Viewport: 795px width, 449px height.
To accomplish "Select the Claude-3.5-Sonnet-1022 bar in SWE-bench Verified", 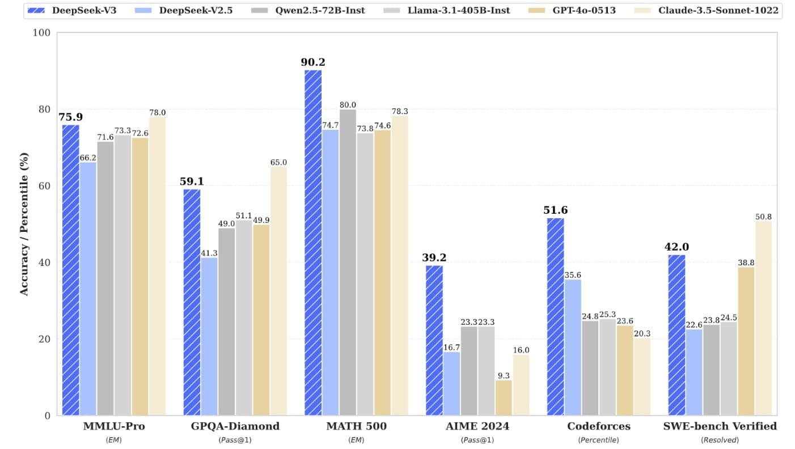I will pyautogui.click(x=763, y=318).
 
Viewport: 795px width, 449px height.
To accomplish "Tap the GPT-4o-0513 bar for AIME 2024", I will pyautogui.click(x=504, y=397).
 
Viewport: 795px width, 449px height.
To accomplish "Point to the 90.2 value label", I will pyautogui.click(x=313, y=62).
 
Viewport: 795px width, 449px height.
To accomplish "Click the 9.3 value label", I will pyautogui.click(x=504, y=375).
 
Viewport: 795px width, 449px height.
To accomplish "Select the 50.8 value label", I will pyautogui.click(x=763, y=217).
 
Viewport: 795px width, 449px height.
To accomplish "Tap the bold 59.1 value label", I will pyautogui.click(x=192, y=182).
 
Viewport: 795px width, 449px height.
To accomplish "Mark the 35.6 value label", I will pyautogui.click(x=573, y=275).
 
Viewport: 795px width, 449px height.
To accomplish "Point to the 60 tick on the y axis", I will pyautogui.click(x=45, y=186).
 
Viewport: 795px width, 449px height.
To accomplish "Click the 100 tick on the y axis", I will pyautogui.click(x=43, y=33).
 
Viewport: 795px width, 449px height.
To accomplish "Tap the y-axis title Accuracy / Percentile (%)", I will pyautogui.click(x=24, y=223).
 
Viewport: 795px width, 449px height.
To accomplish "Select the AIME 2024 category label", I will pyautogui.click(x=477, y=426).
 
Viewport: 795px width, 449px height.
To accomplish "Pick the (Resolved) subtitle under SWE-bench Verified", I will pyautogui.click(x=720, y=440).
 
